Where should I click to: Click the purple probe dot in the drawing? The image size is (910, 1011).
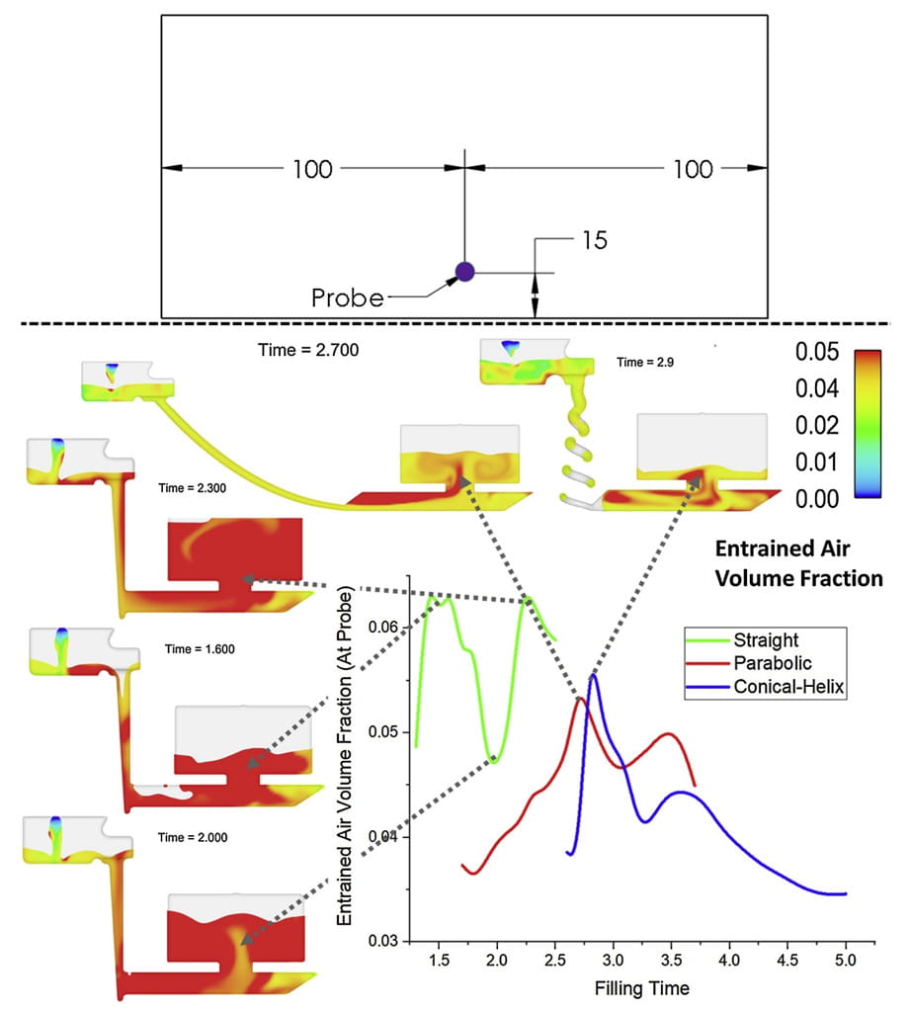point(464,271)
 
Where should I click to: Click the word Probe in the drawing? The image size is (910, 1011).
point(347,297)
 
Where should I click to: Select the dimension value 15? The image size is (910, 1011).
point(594,240)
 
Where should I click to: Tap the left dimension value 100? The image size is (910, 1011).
point(312,169)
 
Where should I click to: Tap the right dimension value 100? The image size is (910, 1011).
point(693,169)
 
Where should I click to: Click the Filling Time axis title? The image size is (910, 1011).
point(643,987)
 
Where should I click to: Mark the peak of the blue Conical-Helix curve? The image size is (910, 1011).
point(592,675)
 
